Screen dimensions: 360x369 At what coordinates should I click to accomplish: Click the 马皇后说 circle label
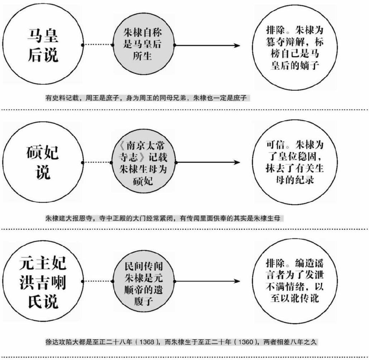click(x=43, y=45)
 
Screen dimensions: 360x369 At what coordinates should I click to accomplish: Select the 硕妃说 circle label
click(x=43, y=162)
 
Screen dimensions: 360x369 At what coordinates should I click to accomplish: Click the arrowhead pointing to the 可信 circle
click(x=236, y=163)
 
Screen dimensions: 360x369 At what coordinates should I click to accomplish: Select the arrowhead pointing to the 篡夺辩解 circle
click(x=236, y=45)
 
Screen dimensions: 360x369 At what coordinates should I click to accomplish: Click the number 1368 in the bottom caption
click(x=147, y=342)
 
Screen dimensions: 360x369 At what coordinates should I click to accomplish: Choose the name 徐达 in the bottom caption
click(x=51, y=342)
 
